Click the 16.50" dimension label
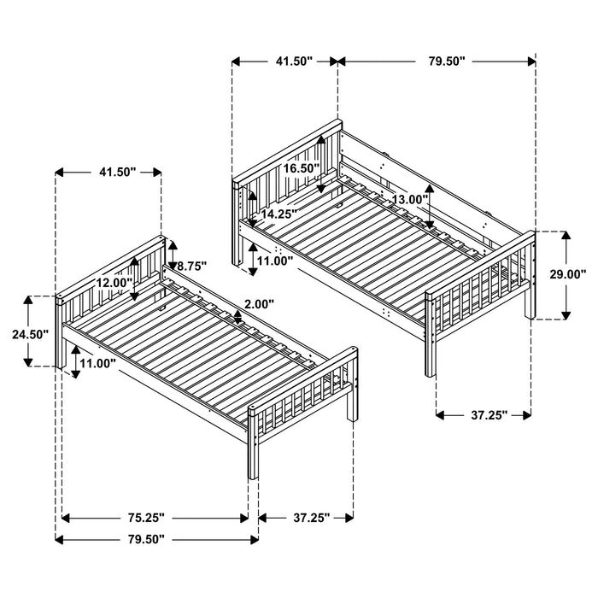coord(302,169)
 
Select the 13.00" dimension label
coord(408,199)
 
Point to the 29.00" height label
coord(567,274)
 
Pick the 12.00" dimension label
coord(114,283)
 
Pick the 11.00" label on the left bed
coord(95,363)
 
